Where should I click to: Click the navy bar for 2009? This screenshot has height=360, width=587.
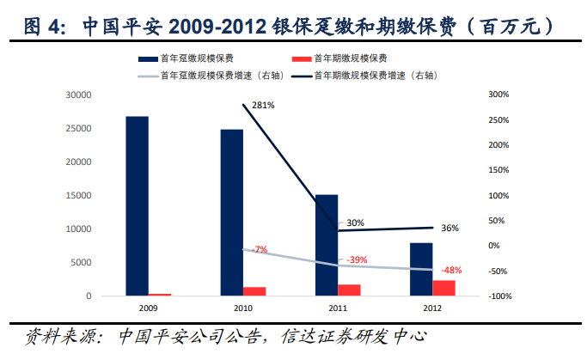137,206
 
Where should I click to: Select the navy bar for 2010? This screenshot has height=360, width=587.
231,212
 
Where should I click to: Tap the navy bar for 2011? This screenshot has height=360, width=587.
326,245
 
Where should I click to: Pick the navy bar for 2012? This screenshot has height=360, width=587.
420,269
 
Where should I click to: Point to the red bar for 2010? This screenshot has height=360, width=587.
255,291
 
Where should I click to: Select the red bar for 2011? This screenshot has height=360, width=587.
349,290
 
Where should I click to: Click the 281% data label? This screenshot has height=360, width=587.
263,106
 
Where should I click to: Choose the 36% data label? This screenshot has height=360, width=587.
449,228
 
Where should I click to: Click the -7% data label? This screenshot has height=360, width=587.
260,249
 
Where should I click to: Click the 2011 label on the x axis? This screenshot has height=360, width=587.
338,307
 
